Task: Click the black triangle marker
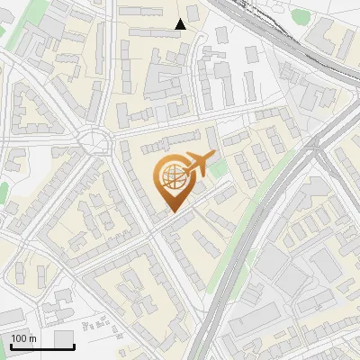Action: click(181, 24)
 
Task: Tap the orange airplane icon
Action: click(200, 165)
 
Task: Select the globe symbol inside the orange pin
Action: click(171, 178)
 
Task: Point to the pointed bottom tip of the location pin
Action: click(171, 212)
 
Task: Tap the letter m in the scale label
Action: click(32, 339)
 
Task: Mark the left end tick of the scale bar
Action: click(10, 346)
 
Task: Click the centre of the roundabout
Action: click(93, 141)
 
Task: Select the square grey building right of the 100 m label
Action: click(63, 337)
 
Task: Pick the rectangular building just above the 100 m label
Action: click(12, 315)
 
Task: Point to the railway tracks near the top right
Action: click(270, 27)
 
